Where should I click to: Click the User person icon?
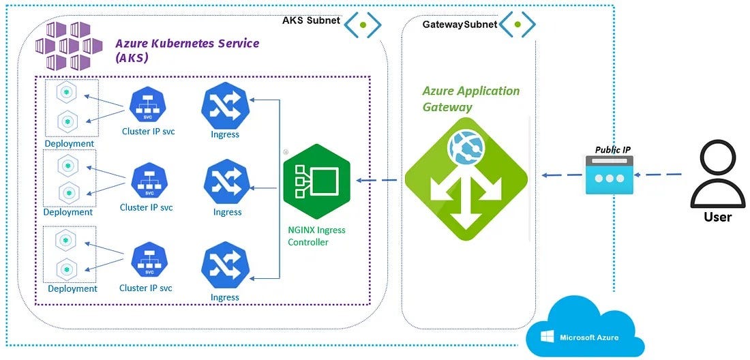point(717,175)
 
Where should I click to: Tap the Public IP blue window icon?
point(609,175)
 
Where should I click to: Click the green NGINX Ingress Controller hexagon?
point(316,181)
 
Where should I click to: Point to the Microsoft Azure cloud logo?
point(585,328)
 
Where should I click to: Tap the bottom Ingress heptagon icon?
point(224,265)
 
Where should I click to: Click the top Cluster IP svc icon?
point(147,104)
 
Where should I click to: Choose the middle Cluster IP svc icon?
point(147,180)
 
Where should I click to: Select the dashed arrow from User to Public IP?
point(662,175)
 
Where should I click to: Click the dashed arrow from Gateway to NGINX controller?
point(378,181)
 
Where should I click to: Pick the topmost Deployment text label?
point(69,143)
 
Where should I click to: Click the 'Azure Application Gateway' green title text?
point(470,98)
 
